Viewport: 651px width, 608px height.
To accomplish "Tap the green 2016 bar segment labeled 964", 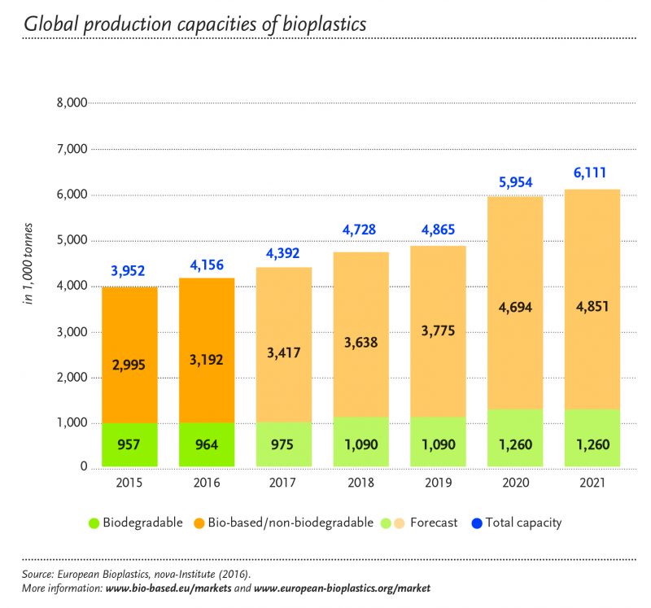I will pos(207,445).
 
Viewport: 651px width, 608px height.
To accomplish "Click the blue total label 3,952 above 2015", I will pos(129,271).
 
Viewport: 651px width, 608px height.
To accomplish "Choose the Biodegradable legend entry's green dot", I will pos(94,523).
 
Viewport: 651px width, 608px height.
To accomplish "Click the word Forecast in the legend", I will pos(434,523).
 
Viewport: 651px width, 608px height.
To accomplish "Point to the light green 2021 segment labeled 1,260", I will pos(590,445).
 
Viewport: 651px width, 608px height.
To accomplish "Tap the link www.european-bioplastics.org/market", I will pos(343,587).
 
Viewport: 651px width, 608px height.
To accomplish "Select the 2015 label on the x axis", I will pos(129,483).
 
